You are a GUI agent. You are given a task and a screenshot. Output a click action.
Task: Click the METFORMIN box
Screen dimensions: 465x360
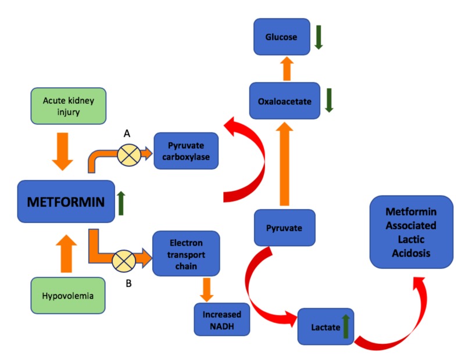(66, 201)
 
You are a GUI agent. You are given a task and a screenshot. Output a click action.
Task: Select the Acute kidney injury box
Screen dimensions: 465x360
(69, 106)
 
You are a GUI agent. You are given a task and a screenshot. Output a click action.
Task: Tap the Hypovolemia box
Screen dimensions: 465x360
(68, 296)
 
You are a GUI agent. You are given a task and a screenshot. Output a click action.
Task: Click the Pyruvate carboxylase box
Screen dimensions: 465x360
(186, 151)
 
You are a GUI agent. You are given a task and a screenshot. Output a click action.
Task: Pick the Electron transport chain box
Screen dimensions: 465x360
(186, 254)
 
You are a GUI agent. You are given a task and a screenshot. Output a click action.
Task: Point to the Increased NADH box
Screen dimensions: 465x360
(222, 319)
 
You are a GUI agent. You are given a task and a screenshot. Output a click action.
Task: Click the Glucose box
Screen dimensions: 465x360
(282, 37)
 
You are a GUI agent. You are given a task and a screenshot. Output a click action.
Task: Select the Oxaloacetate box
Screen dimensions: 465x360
(285, 100)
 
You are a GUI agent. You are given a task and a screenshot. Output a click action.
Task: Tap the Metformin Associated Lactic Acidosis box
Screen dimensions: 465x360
(412, 232)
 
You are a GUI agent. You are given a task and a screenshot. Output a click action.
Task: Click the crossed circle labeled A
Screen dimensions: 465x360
(129, 155)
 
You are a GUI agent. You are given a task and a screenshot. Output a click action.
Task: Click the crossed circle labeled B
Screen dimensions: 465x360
(124, 261)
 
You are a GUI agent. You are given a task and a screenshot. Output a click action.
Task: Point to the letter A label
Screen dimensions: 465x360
(127, 134)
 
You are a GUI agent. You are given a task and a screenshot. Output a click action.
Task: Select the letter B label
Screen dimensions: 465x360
(128, 283)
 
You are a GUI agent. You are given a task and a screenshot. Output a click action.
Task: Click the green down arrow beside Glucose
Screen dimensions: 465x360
(319, 37)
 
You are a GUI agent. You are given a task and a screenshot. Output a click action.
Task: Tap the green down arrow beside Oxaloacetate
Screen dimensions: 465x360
(329, 100)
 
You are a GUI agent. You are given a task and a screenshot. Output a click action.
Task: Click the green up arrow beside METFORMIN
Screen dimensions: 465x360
(121, 203)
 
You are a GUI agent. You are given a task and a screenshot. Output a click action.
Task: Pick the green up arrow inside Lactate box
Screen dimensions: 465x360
(346, 326)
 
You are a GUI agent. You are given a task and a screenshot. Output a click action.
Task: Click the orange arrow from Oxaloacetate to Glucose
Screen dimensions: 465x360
(287, 69)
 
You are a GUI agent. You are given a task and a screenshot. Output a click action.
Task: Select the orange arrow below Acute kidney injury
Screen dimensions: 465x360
(63, 152)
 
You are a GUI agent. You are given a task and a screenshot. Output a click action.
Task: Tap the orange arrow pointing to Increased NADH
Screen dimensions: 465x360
(207, 290)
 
